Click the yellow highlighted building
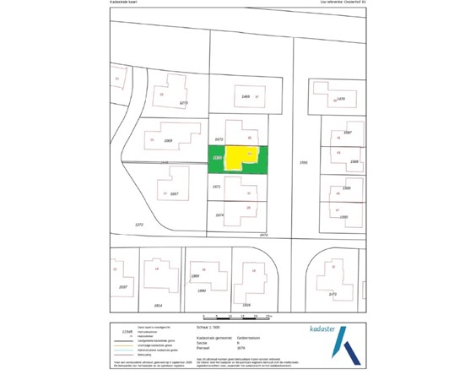tap(240, 158)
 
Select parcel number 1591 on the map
tap(305, 162)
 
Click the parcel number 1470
tap(341, 99)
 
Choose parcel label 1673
tap(219, 138)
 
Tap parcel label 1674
tap(219, 215)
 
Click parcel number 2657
tap(174, 193)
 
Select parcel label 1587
tap(347, 133)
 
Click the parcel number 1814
tap(157, 305)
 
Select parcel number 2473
tap(333, 294)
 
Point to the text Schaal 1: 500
tap(208, 326)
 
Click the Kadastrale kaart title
tap(127, 3)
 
